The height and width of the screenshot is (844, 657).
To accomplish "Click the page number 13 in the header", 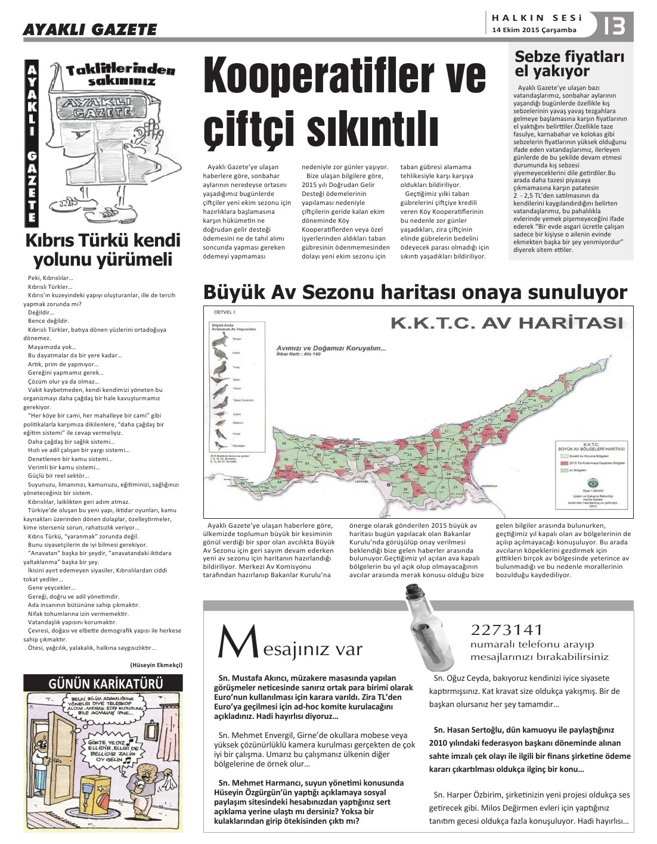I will click(615, 26).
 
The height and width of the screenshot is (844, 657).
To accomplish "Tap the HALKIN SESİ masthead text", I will click(534, 18).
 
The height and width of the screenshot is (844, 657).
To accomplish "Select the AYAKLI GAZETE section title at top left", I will click(90, 29).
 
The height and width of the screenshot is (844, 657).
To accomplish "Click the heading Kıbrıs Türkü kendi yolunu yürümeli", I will click(103, 250).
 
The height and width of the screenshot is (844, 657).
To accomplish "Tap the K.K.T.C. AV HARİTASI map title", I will click(506, 323).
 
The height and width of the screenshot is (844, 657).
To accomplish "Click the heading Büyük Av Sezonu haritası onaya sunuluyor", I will click(415, 292).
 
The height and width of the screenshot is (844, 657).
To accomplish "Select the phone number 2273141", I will click(507, 630).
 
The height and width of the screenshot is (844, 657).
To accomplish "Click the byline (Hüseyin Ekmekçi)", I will click(156, 665).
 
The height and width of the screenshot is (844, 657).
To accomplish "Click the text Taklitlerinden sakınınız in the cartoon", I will click(122, 74).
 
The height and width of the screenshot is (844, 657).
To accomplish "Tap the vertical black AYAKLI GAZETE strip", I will click(32, 143).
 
